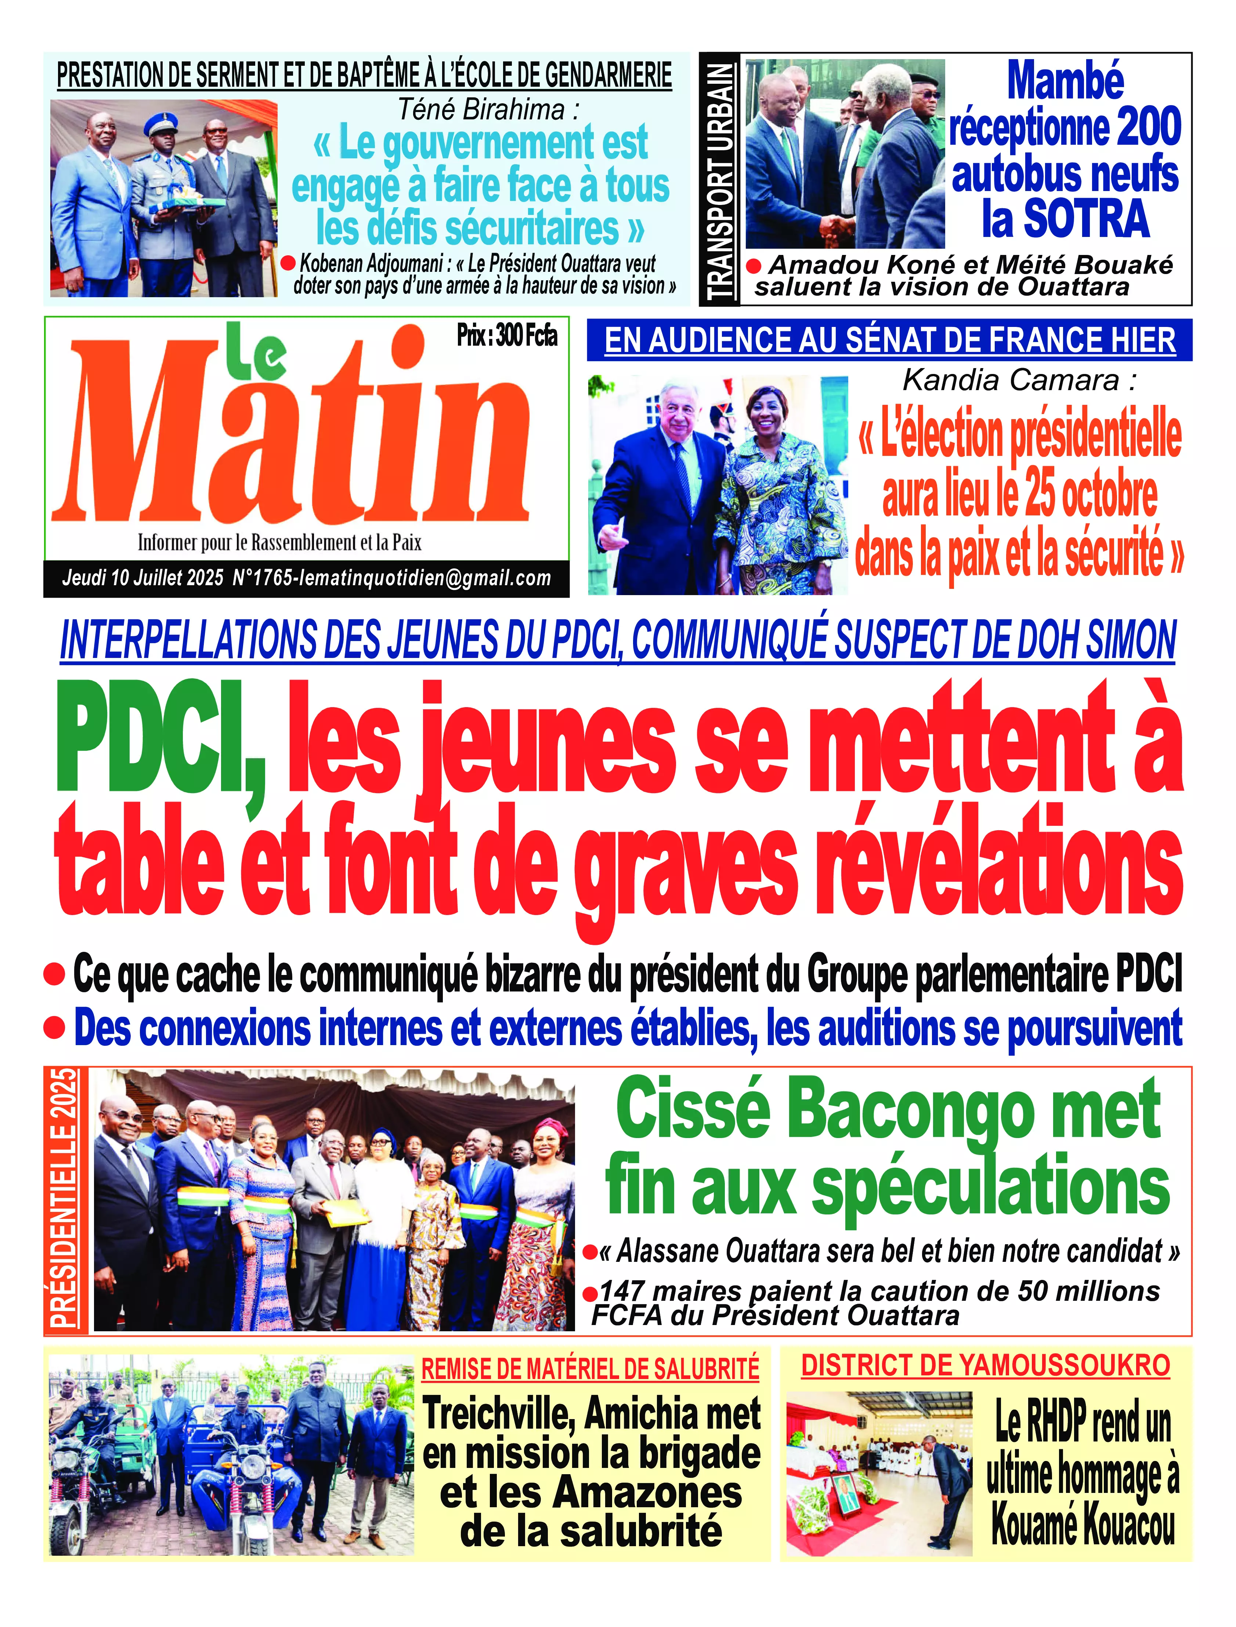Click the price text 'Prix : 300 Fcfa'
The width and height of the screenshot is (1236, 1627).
point(507,336)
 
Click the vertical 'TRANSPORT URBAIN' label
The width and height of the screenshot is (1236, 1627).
point(720,180)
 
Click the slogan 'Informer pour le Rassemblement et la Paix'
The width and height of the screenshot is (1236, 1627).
point(279,543)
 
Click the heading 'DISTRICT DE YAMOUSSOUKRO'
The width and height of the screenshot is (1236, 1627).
point(985,1366)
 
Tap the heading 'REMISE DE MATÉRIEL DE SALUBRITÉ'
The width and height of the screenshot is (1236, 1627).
point(590,1369)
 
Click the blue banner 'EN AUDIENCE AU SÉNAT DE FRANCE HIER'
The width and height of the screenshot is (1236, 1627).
point(889,340)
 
